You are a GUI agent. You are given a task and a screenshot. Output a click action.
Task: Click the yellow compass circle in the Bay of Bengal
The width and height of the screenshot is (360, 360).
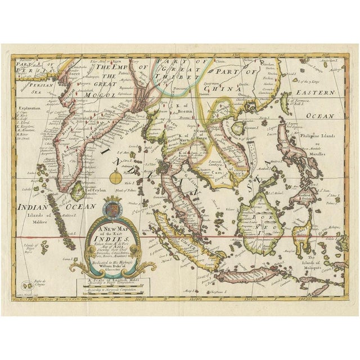pyautogui.click(x=115, y=179)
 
